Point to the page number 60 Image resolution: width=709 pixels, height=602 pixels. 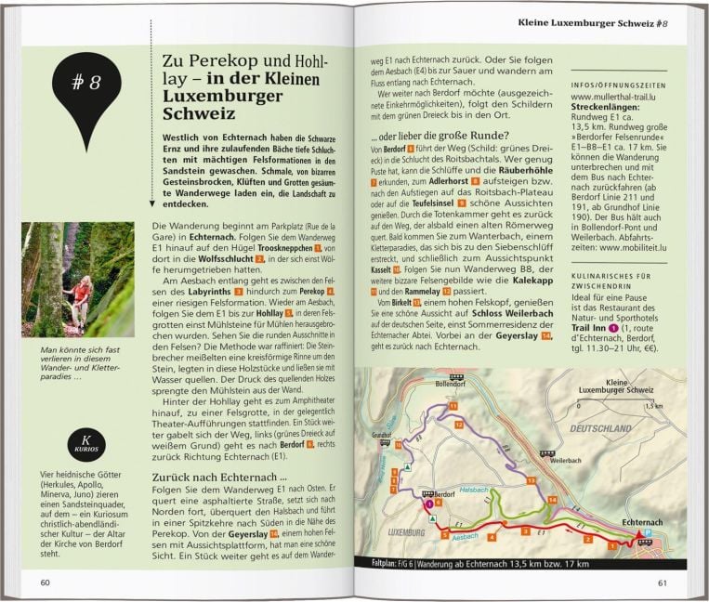[x=46, y=582]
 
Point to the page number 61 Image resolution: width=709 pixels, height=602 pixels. [x=662, y=582]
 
